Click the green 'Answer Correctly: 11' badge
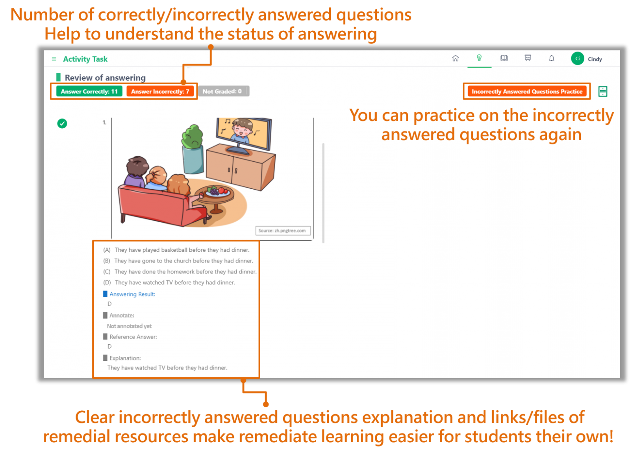point(89,91)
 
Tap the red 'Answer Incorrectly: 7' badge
point(160,91)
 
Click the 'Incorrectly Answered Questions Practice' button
point(527,91)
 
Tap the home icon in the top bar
point(455,58)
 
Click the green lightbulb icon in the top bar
point(479,58)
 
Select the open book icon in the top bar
point(504,58)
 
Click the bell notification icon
point(552,58)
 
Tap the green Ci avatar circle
point(577,59)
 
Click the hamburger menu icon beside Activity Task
point(54,59)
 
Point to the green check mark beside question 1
point(62,123)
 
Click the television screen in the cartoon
point(244,133)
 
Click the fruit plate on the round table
point(217,192)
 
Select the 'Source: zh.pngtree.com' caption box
point(283,231)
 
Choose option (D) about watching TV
point(169,282)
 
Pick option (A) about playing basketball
point(176,250)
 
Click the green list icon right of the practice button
point(603,91)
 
